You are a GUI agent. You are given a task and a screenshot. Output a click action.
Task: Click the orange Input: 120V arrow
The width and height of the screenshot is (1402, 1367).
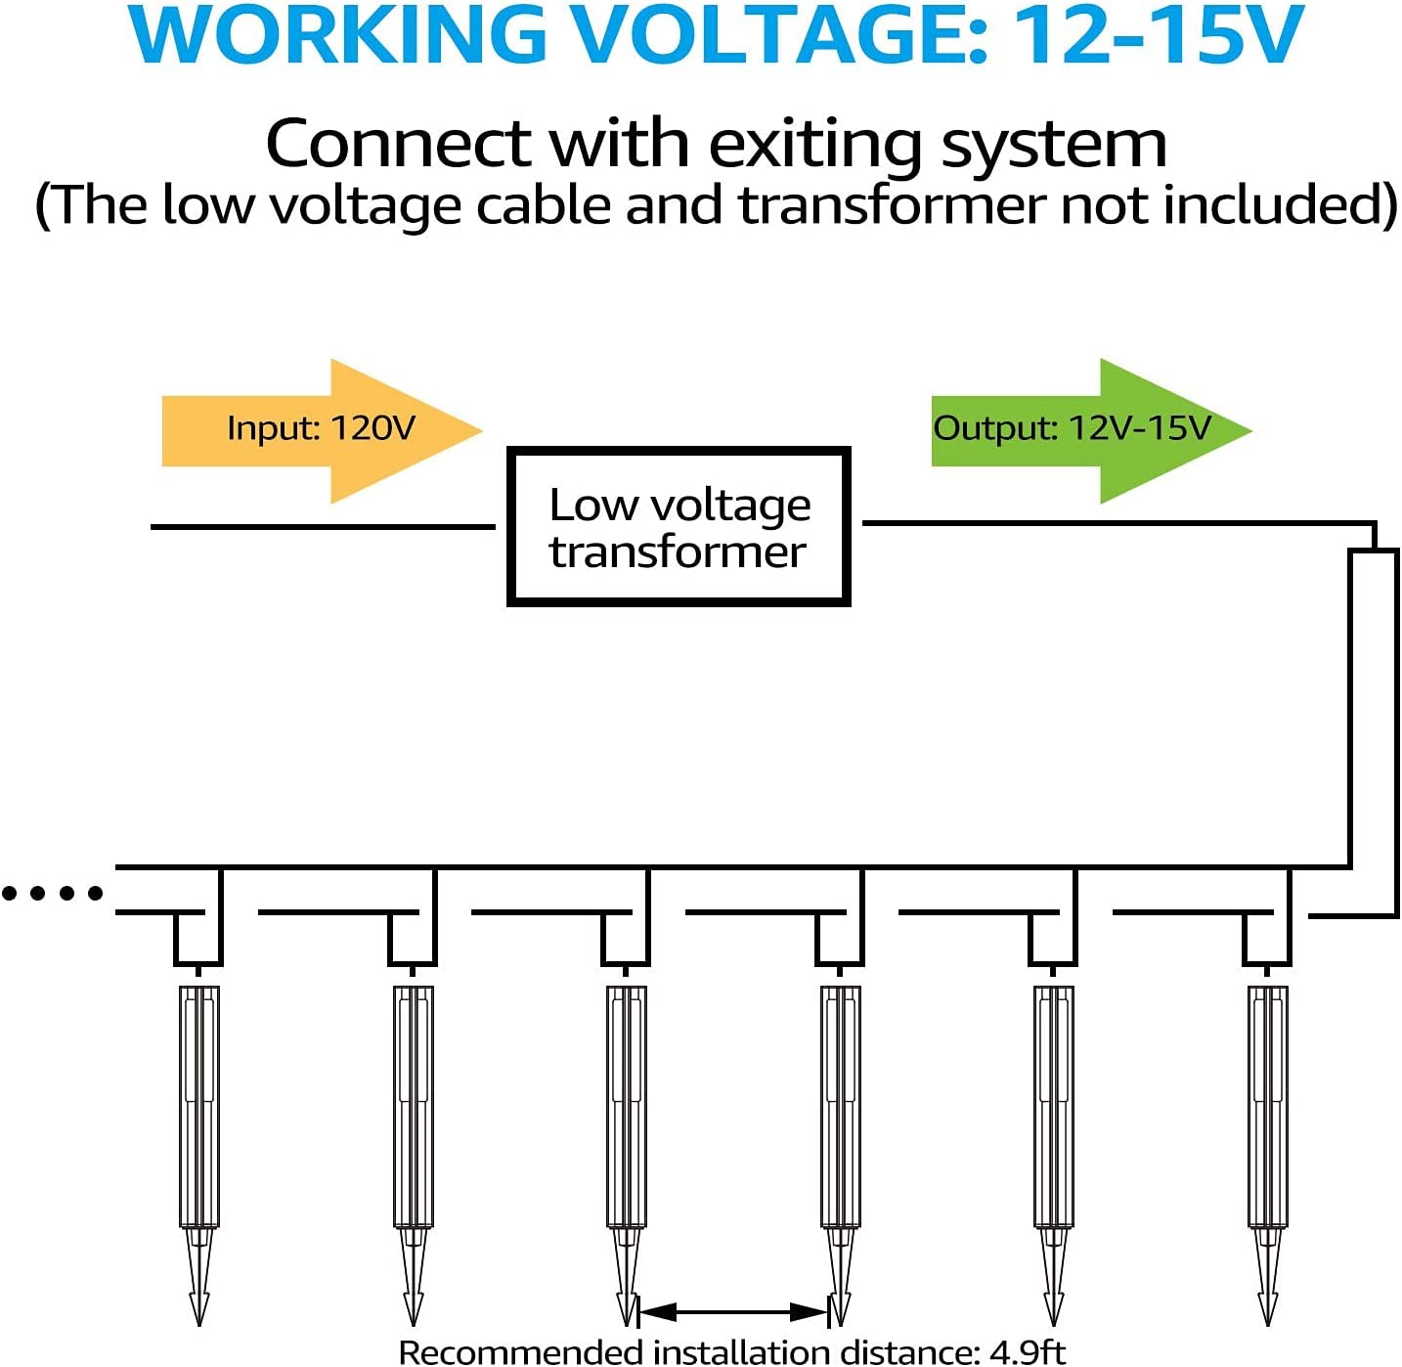coord(322,430)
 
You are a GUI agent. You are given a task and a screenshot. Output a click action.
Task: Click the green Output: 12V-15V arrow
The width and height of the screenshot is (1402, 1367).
coord(1091,430)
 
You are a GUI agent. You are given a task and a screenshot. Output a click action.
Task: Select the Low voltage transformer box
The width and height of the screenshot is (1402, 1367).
coord(679,527)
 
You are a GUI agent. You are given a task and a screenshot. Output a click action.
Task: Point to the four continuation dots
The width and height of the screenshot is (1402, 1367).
coord(53,894)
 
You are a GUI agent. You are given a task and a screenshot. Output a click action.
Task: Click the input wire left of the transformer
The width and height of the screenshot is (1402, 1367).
coord(323,527)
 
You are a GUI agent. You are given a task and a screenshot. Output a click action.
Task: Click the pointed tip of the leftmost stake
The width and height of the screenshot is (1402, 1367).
coord(198,1325)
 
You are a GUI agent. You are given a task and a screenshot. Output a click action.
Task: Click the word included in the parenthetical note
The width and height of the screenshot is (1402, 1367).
coord(1271,204)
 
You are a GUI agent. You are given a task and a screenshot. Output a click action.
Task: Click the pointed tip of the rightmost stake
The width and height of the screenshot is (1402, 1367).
coord(1268,1325)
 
